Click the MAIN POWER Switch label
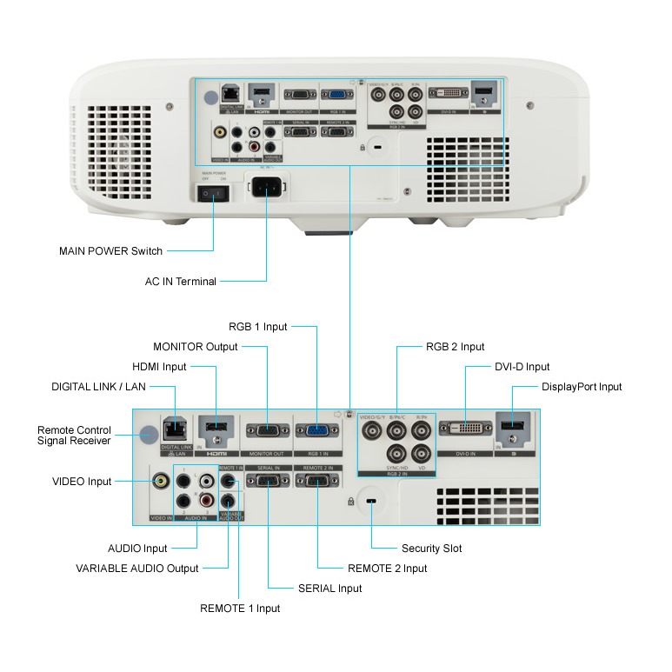click(x=110, y=251)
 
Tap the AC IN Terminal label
click(x=181, y=281)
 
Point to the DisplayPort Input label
click(x=582, y=387)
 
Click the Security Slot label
click(x=431, y=549)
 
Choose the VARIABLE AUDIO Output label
click(x=137, y=569)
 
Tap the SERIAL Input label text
click(x=329, y=589)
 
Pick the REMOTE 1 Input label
click(x=240, y=609)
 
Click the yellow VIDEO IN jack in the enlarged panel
click(x=161, y=479)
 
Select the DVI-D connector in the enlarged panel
click(x=466, y=427)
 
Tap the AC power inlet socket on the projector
click(x=269, y=187)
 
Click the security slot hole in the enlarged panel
click(x=372, y=502)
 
